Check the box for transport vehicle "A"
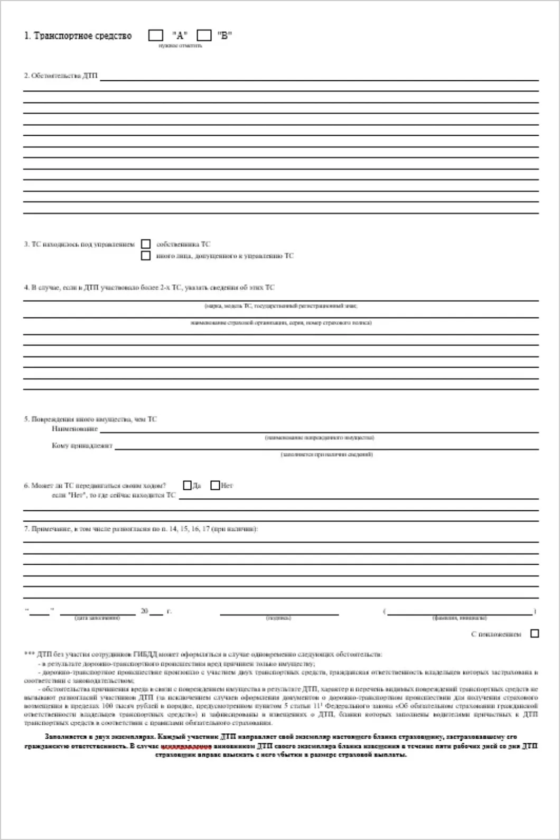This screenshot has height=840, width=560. [x=156, y=35]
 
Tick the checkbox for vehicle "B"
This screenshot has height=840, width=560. [x=204, y=35]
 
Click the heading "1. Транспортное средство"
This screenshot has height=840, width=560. [x=78, y=36]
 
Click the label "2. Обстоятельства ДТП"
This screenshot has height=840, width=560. [x=61, y=76]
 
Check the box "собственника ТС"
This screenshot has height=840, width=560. [x=146, y=244]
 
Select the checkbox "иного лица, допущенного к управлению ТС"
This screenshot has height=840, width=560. [x=146, y=256]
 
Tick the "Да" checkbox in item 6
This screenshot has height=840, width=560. [x=187, y=485]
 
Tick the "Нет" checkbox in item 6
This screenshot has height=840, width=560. [x=215, y=485]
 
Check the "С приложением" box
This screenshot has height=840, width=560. [x=535, y=633]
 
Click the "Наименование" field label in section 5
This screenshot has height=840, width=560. [x=74, y=429]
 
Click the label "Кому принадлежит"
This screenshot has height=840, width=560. [x=82, y=445]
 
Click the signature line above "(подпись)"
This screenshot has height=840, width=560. [x=279, y=614]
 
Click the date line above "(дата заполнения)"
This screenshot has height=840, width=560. [x=98, y=614]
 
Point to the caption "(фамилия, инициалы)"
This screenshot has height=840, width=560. [x=459, y=618]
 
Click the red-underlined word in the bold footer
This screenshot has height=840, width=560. [x=186, y=746]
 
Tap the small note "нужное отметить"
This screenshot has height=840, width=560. [x=180, y=45]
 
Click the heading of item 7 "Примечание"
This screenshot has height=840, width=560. [x=141, y=528]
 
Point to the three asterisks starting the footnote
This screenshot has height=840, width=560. [x=30, y=654]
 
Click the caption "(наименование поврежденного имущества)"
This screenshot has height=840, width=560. [x=319, y=437]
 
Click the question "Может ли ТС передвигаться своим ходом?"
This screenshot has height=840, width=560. [x=95, y=486]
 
